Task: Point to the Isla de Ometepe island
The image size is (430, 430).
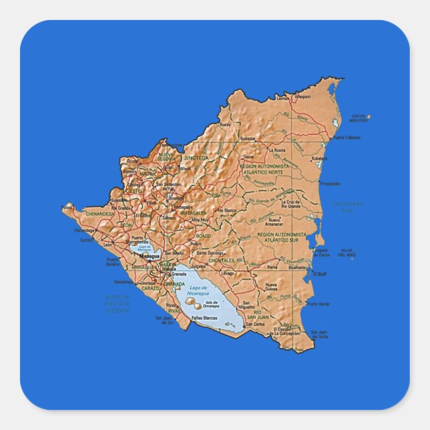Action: point(194,302)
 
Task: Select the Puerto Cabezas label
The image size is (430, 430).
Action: point(347,138)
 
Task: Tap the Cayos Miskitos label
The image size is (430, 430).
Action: point(359,119)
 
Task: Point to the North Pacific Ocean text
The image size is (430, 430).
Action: point(118,304)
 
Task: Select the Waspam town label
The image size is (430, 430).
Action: point(302,97)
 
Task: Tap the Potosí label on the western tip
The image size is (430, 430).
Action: point(67,208)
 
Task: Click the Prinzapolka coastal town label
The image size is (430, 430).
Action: point(331,183)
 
